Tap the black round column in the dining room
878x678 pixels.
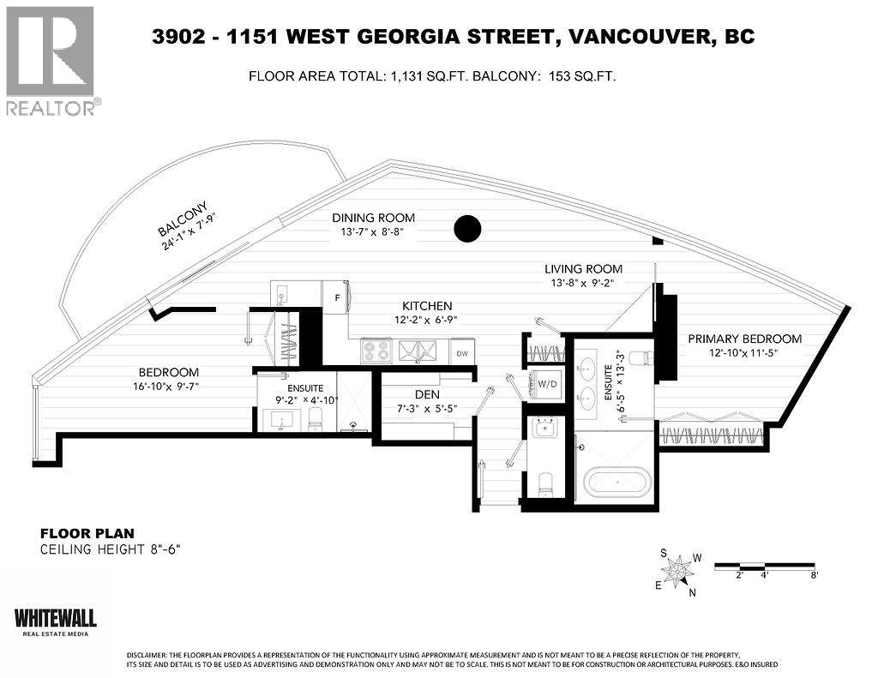tap(467, 228)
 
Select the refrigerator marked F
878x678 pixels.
tap(336, 297)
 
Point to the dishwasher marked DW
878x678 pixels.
tap(462, 353)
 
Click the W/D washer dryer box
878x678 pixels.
tap(547, 383)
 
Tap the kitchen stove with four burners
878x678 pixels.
tap(376, 351)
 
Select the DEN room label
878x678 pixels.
tap(427, 394)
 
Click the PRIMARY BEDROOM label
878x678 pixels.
tap(745, 339)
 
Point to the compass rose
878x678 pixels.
tap(679, 572)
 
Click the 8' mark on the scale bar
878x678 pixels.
tap(814, 575)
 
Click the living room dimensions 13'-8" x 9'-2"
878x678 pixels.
tap(583, 284)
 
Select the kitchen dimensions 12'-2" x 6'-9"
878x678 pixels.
tap(427, 321)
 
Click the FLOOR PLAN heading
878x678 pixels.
tap(87, 533)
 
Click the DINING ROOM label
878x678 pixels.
tap(374, 218)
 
